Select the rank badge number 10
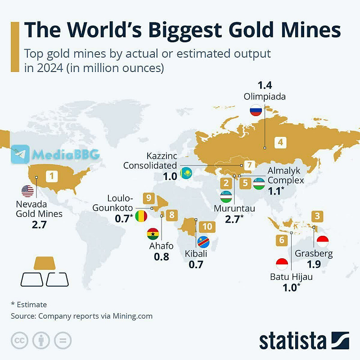point(207,226)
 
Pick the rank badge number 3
point(317,216)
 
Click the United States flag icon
point(27,191)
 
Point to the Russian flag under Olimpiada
point(256,110)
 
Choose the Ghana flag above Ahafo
point(153,234)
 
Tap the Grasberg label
point(314,253)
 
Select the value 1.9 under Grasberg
point(314,265)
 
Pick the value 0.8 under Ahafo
point(161,257)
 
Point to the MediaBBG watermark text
point(65,154)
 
